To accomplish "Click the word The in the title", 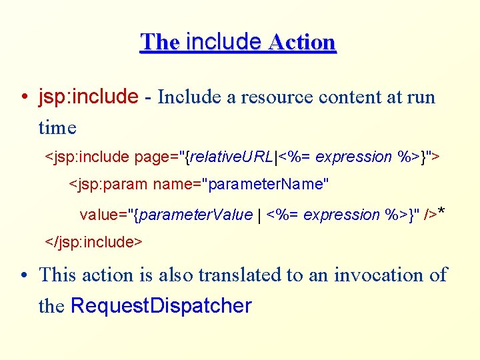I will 159,42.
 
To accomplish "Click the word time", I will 57,127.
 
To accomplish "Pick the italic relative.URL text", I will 231,157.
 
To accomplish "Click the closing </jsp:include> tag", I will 93,242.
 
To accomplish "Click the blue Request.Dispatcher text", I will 161,306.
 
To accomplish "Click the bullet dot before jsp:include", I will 23,98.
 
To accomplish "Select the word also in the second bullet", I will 175,275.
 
